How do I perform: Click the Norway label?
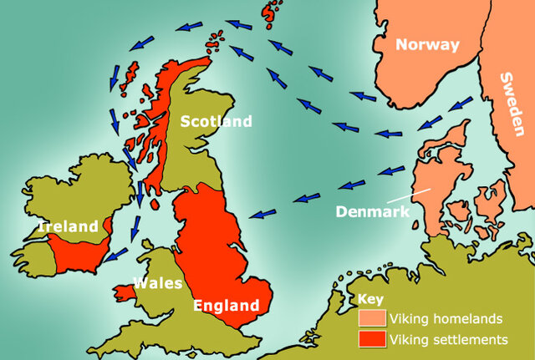(428, 45)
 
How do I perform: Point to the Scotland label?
(216, 122)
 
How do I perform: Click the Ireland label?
(68, 226)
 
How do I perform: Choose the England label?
(225, 305)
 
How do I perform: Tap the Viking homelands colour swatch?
(372, 318)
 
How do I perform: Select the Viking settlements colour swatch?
(372, 340)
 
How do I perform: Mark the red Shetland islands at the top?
(270, 13)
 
